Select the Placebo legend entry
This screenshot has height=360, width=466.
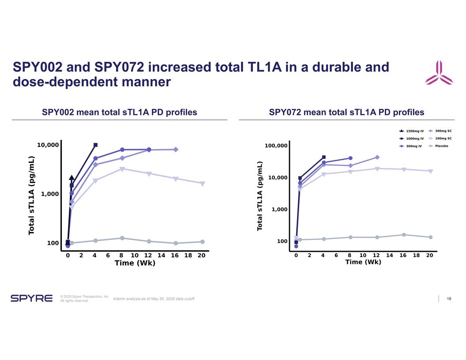point(441,146)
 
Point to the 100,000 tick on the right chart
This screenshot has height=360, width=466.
point(276,146)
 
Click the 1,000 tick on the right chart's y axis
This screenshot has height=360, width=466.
point(280,210)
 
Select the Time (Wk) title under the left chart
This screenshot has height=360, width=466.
point(135,263)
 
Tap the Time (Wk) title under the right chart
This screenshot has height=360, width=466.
point(363,262)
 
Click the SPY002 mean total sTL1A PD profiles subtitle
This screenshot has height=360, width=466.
point(119,112)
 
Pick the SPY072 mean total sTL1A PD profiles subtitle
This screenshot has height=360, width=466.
point(346,112)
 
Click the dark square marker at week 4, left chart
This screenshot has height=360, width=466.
point(95,145)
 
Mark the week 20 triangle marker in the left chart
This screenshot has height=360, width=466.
point(202,184)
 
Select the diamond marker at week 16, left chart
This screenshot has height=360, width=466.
point(176,150)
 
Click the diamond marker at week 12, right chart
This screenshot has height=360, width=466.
point(377,157)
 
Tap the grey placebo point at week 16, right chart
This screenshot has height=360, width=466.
point(404,235)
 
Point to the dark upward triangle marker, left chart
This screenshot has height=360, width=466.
point(71,178)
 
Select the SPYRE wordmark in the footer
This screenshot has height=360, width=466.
point(31,299)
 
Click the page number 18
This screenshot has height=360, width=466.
point(449,299)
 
